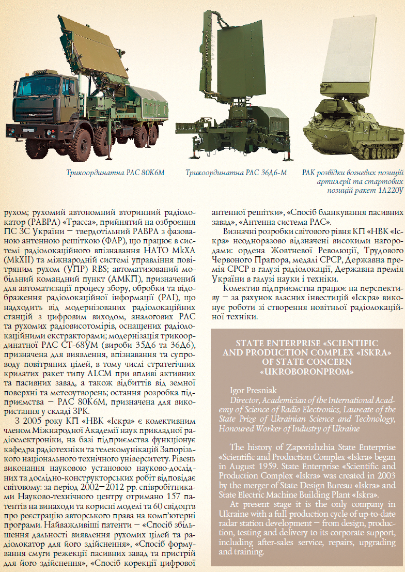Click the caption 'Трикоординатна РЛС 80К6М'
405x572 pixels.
click(115, 172)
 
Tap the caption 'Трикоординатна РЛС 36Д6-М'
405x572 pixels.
click(237, 172)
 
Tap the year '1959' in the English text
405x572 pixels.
click(268, 466)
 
